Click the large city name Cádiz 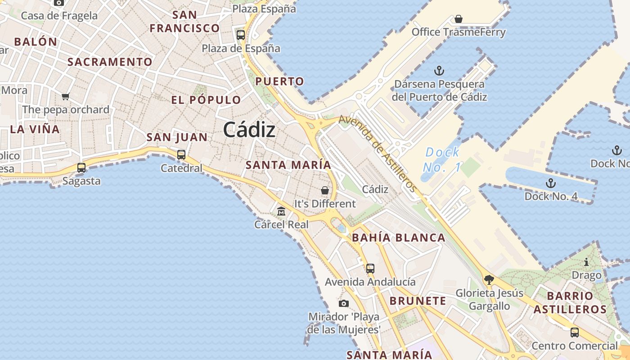click(x=249, y=130)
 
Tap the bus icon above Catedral click(x=181, y=155)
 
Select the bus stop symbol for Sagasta click(x=81, y=167)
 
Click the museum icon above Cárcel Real click(x=281, y=211)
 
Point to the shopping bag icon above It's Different click(x=325, y=190)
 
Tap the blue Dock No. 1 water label click(x=442, y=160)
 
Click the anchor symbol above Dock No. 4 click(x=550, y=183)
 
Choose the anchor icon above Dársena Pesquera click(x=439, y=71)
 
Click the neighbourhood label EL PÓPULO click(x=206, y=100)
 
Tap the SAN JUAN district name click(x=177, y=137)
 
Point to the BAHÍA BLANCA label click(x=399, y=238)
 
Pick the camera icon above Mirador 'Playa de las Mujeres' click(x=344, y=303)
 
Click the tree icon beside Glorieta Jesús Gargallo click(x=489, y=280)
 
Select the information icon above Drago click(x=586, y=262)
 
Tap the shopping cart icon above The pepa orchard click(x=66, y=96)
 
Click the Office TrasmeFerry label click(x=459, y=32)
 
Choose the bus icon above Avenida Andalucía click(x=370, y=269)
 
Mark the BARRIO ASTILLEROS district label click(x=570, y=302)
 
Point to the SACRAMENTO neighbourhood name click(x=110, y=62)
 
